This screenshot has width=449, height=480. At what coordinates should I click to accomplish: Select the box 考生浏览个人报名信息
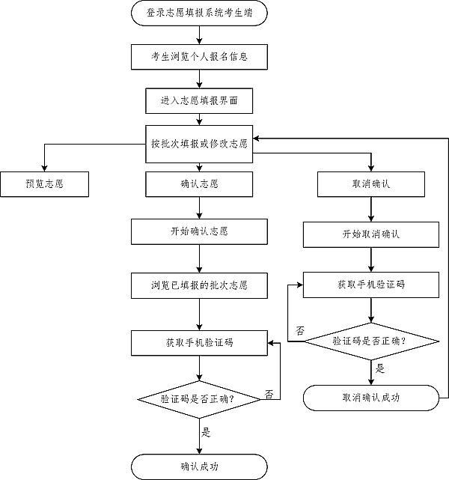(x=199, y=56)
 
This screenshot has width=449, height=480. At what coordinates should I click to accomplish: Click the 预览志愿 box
(x=44, y=183)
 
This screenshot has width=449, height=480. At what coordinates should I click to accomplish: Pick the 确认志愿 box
(x=199, y=183)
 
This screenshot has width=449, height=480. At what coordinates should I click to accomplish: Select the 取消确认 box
(x=371, y=183)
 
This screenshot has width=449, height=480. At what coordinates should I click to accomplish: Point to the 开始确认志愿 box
(x=199, y=231)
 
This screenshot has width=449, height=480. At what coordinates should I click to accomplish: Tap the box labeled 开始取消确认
(x=371, y=234)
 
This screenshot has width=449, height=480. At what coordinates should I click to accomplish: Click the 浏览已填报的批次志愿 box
(x=199, y=285)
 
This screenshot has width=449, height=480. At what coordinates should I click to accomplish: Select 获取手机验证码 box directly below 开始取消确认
(x=371, y=285)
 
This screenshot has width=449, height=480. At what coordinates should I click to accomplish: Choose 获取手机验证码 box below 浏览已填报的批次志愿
(x=199, y=342)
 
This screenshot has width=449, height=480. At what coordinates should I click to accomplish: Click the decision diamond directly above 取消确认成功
(x=371, y=341)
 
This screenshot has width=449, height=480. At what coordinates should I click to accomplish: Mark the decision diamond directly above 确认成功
(x=199, y=398)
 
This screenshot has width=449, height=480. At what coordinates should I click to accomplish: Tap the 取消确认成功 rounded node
(x=371, y=397)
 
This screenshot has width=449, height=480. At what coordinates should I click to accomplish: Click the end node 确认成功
(x=199, y=467)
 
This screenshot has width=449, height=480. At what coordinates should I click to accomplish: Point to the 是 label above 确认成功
(x=207, y=432)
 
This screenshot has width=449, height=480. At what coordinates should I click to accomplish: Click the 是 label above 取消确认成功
(x=379, y=368)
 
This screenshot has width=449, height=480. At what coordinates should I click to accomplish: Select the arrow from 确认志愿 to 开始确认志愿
(x=199, y=207)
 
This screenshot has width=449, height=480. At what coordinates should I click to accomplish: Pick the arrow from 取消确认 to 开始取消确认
(x=371, y=209)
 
